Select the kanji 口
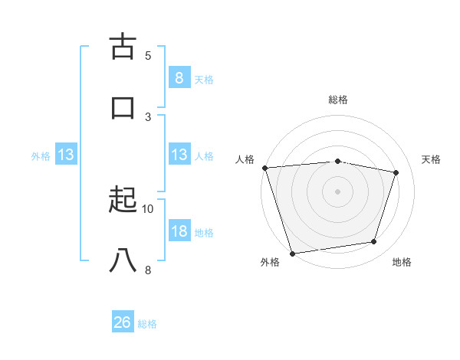pos(123,107)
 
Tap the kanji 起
pos(123,201)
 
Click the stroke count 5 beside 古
pos(148,55)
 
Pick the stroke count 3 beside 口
pos(148,116)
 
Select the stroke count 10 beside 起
pos(148,208)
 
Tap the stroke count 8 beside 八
pos(148,270)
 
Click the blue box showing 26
pos(123,322)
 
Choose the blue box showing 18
pos(179,231)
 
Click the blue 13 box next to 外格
pos(66,155)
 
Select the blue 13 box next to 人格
pos(179,155)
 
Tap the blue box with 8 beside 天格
pos(179,77)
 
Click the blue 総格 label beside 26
pos(147,324)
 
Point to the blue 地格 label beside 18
pos(205,233)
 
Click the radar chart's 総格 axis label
pos(338,100)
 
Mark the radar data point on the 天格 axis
pos(396,172)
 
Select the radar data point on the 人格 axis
pos(264,168)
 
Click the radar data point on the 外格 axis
pos(292,252)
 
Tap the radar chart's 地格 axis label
pos(402,262)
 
